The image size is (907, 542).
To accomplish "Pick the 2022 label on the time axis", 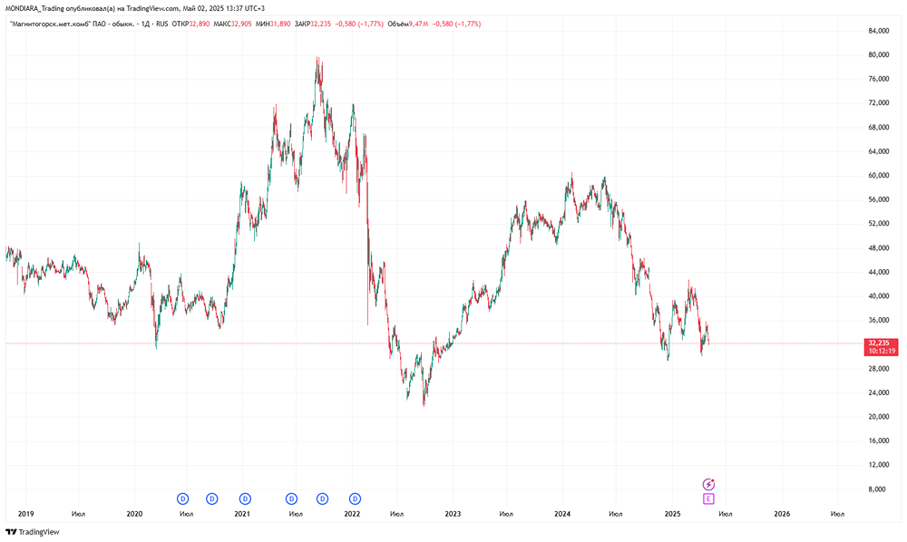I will click(353, 513).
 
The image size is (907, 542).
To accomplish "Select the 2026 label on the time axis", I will click(782, 513).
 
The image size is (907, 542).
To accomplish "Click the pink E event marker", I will click(708, 498).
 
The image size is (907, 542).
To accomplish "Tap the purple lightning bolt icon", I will click(708, 485).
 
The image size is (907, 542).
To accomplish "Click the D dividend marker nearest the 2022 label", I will click(356, 498).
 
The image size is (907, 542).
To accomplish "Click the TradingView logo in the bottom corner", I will click(33, 532).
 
